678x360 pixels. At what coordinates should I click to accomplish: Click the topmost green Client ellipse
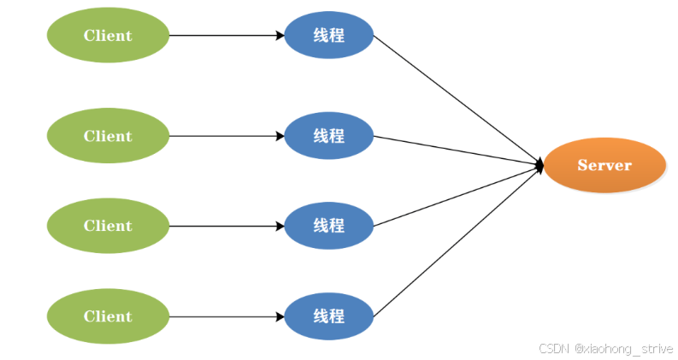(x=108, y=35)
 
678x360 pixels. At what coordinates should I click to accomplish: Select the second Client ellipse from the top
(x=108, y=136)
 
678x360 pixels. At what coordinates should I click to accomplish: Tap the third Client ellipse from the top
(x=108, y=226)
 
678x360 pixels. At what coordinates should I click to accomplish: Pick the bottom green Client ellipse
(x=108, y=316)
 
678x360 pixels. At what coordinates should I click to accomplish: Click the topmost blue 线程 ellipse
(x=328, y=35)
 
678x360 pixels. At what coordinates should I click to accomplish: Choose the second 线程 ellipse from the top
(x=328, y=136)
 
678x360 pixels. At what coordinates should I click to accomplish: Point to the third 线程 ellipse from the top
(x=328, y=226)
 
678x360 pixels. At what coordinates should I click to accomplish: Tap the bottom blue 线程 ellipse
(x=328, y=316)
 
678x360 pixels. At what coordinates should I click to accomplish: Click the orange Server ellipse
(x=604, y=165)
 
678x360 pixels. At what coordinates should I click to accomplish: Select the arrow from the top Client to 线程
(x=227, y=35)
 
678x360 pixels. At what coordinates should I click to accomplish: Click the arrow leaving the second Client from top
(x=227, y=136)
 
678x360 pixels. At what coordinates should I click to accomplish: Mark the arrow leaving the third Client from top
(x=227, y=226)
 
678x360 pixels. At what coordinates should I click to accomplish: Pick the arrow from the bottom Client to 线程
(x=227, y=316)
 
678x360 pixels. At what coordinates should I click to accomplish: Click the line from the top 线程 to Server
(x=457, y=98)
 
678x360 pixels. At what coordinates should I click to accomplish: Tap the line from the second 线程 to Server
(x=457, y=150)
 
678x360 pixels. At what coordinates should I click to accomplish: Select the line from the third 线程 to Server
(x=457, y=196)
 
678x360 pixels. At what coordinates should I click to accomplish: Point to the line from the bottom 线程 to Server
(x=457, y=241)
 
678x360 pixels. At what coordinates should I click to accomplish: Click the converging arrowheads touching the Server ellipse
(x=539, y=165)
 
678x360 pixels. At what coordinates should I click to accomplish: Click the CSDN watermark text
(x=554, y=348)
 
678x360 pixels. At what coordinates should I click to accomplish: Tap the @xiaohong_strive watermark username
(x=623, y=348)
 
